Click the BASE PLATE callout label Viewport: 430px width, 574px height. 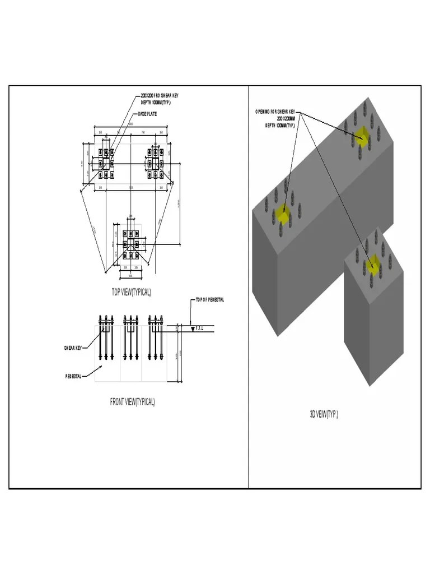(x=147, y=114)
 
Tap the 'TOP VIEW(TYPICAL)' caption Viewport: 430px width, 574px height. (x=132, y=292)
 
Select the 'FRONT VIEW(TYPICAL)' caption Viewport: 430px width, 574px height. (x=132, y=401)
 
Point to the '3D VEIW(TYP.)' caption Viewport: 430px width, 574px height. (x=324, y=414)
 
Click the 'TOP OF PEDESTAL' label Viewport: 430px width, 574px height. (x=210, y=300)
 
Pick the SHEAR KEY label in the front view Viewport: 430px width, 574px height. (x=73, y=348)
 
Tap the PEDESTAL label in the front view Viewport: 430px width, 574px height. (x=73, y=376)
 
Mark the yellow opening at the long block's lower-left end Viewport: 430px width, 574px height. (x=284, y=214)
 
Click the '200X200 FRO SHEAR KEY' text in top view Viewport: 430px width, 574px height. (x=160, y=96)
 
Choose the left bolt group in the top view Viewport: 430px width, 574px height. (x=106, y=163)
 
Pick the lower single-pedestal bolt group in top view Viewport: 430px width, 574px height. (x=130, y=244)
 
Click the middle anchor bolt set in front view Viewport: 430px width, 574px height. (x=130, y=339)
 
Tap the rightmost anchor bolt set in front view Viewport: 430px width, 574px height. (x=156, y=339)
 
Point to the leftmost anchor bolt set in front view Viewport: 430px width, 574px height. (x=105, y=339)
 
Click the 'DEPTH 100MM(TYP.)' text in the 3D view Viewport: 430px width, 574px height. (x=280, y=126)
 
